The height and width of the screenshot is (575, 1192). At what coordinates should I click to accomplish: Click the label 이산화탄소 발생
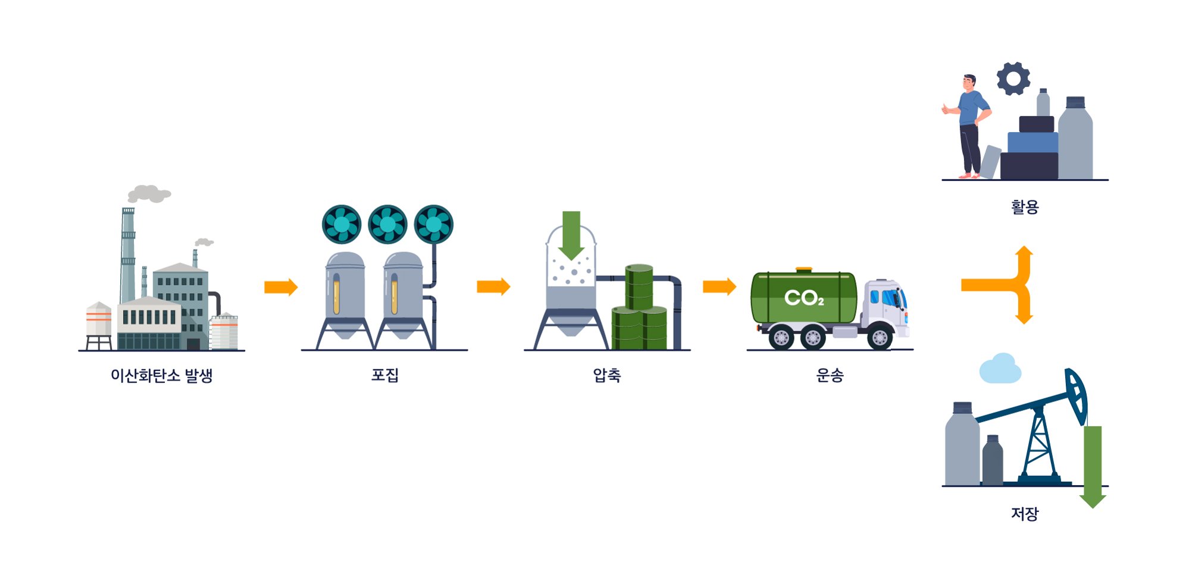(161, 376)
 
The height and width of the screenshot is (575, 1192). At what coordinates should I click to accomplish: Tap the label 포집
(384, 375)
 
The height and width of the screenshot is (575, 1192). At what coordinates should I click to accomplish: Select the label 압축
(606, 375)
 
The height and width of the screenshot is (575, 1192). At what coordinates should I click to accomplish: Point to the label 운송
(830, 375)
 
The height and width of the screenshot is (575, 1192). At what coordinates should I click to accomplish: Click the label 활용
(1024, 207)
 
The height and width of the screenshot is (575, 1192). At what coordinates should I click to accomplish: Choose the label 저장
(1024, 513)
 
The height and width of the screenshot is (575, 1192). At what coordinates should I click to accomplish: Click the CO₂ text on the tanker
(803, 298)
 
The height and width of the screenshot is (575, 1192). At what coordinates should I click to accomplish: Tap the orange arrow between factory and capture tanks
(280, 287)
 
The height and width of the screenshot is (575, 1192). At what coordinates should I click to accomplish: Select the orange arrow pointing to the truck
(719, 287)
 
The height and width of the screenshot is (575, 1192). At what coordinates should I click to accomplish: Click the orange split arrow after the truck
(1006, 285)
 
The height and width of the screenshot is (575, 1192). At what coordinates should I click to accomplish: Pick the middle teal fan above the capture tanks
(387, 225)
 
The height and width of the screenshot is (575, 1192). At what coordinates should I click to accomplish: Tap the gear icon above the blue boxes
(1013, 78)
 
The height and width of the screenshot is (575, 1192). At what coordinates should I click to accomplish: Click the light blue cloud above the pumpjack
(1000, 369)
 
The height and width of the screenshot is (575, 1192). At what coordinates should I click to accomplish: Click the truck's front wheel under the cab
(880, 338)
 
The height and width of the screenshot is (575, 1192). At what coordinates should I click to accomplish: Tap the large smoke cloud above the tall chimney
(149, 193)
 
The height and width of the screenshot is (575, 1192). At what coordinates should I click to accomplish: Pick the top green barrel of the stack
(639, 287)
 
